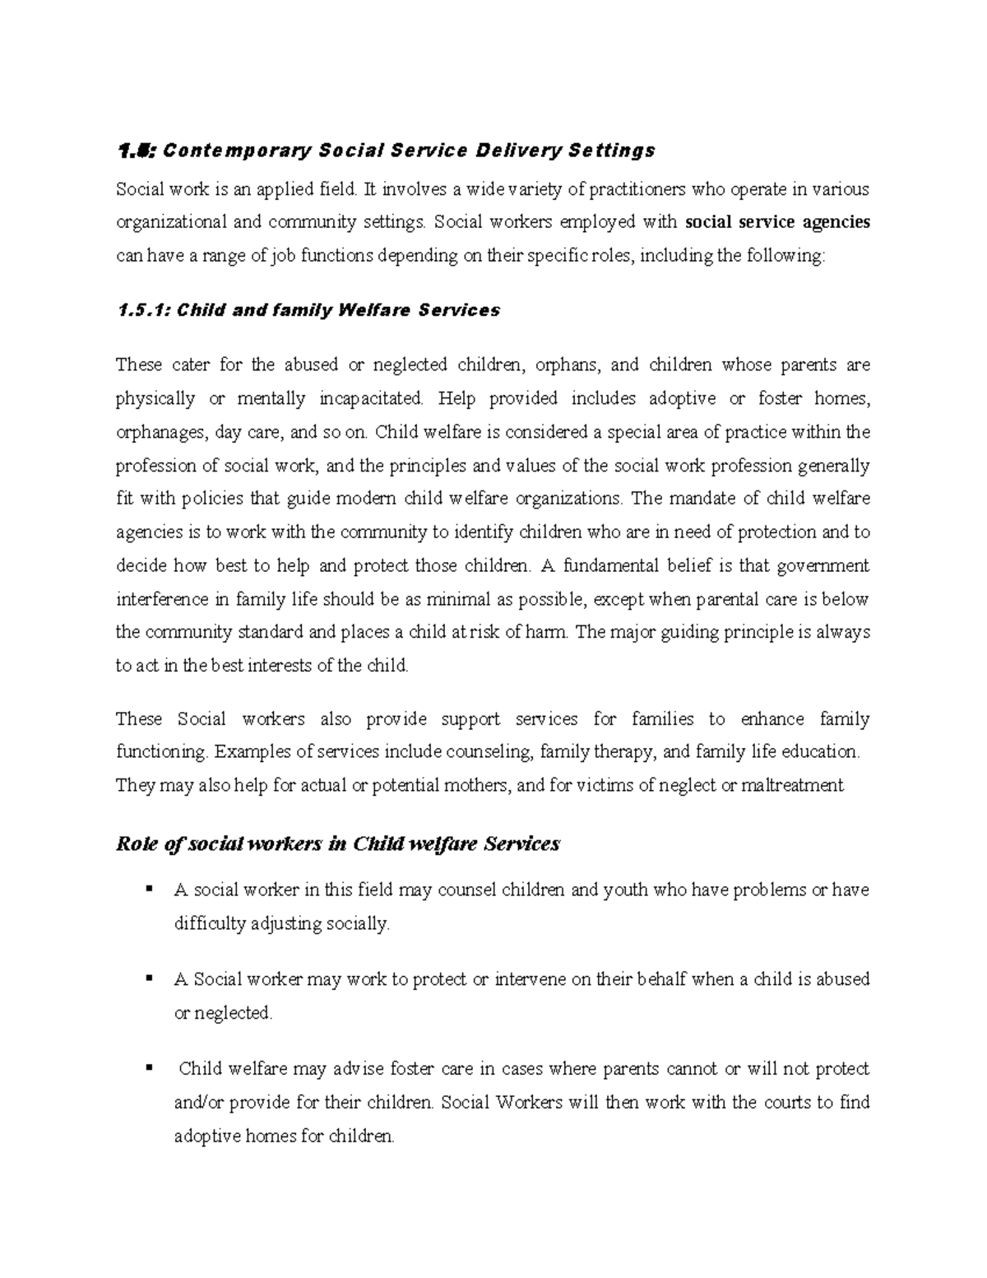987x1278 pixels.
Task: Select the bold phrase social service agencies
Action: [777, 222]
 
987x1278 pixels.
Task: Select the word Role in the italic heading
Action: [135, 844]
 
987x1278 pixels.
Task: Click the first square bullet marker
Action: [149, 889]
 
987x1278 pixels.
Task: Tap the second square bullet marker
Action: [149, 978]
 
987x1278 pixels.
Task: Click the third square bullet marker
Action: [149, 1068]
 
